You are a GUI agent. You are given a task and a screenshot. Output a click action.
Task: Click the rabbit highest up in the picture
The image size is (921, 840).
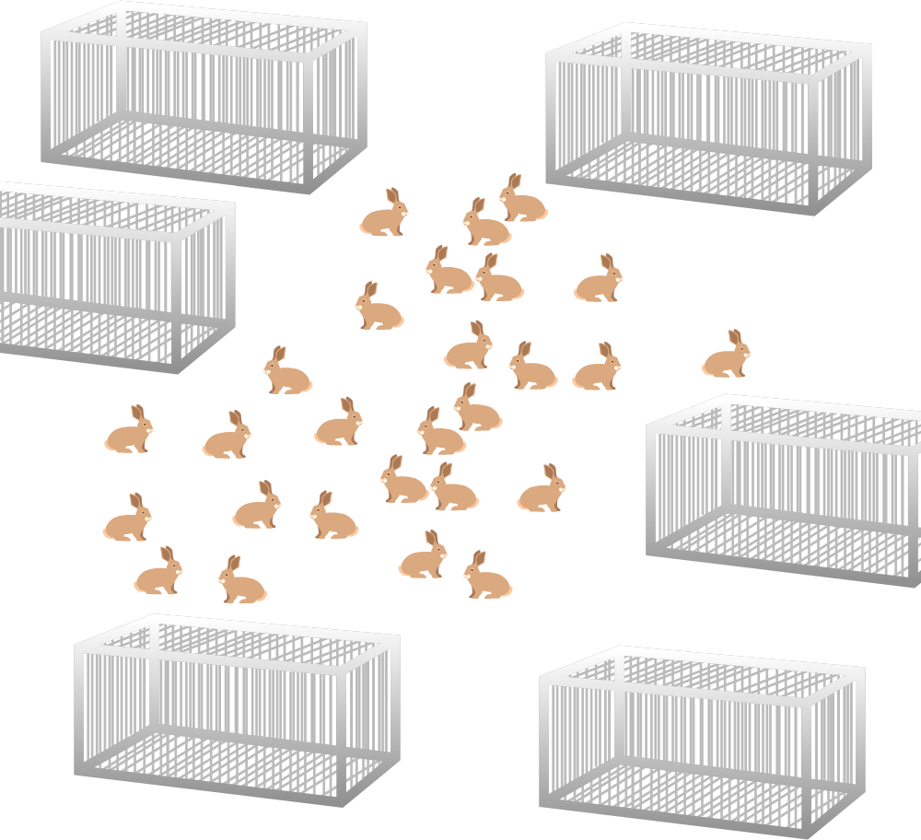coord(522,200)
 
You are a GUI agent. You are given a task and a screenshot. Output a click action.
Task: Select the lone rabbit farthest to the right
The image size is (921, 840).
coord(726,356)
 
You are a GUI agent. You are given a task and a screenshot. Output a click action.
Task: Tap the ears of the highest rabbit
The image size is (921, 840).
coord(514,181)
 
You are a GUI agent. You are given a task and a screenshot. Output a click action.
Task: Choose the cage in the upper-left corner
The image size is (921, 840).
coord(203,97)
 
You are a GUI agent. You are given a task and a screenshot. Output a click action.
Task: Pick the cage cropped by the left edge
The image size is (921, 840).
coord(111,276)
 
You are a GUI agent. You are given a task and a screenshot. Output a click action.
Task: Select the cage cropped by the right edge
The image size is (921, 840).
coord(787,488)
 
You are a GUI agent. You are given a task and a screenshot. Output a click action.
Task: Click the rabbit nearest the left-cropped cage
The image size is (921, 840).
coord(287,372)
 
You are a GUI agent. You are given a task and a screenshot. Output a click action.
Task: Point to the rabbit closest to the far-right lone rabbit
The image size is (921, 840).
coord(597,368)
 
